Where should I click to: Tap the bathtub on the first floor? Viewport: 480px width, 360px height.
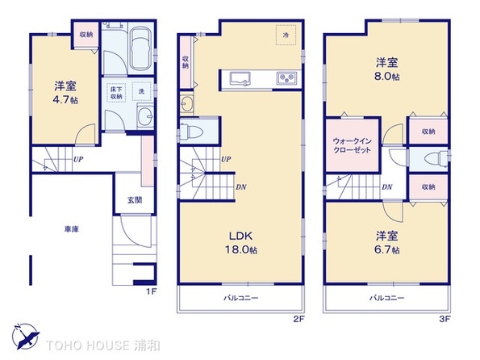140,48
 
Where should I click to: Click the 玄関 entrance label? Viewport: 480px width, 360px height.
135,200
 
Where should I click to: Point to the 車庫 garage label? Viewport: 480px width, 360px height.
72,229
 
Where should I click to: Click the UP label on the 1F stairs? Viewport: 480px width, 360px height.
78,159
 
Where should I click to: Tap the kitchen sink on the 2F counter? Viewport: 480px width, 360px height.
240,78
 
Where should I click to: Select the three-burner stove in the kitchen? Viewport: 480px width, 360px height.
286,77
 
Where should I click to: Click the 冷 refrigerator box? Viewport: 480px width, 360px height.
286,35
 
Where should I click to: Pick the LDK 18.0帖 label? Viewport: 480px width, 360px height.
241,243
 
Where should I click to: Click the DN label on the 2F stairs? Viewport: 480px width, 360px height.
241,187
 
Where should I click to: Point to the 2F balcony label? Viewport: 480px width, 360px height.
241,298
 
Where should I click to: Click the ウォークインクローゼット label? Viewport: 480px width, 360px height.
352,145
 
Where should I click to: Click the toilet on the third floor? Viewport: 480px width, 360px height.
436,159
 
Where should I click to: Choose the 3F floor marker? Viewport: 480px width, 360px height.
445,320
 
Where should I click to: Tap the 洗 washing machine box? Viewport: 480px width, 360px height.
141,91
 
